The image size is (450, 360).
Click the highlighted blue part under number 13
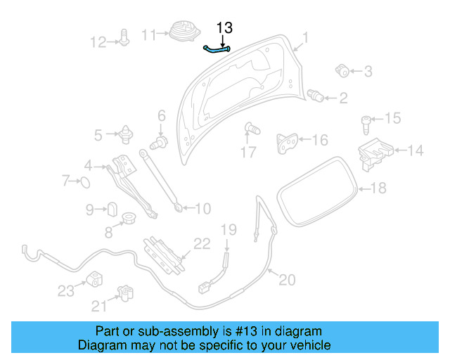point(217,49)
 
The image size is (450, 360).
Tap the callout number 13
point(224,28)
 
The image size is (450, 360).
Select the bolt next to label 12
point(124,38)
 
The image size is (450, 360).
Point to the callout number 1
point(305,37)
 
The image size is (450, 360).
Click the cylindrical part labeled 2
point(316,96)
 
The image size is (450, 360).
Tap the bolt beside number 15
point(366,124)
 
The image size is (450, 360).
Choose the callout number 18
point(378,188)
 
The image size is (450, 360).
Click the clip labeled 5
point(127,132)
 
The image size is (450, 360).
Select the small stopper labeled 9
point(111,209)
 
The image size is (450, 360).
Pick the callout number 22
point(202,244)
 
